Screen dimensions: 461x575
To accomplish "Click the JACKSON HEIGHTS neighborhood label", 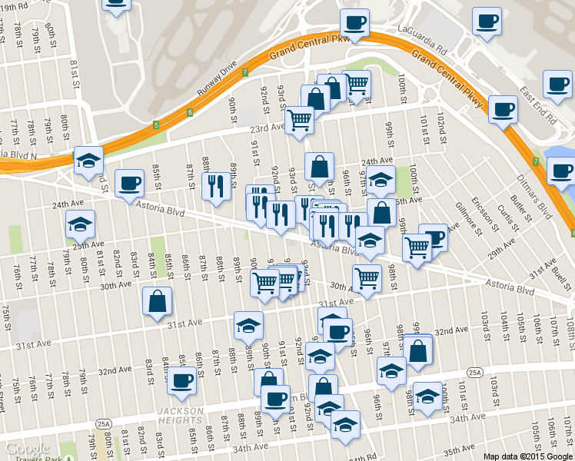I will [x=180, y=416].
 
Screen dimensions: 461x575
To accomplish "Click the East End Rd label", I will [x=537, y=104].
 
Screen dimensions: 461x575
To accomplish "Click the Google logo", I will [x=26, y=449].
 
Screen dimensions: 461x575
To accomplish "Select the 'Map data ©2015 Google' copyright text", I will [x=528, y=456].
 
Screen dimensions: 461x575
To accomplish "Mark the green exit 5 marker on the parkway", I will [x=155, y=124].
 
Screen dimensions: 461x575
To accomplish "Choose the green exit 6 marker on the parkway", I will [x=189, y=113].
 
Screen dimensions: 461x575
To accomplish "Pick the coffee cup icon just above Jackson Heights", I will [x=182, y=379].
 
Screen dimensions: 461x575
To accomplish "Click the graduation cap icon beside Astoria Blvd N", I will [x=89, y=159].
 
